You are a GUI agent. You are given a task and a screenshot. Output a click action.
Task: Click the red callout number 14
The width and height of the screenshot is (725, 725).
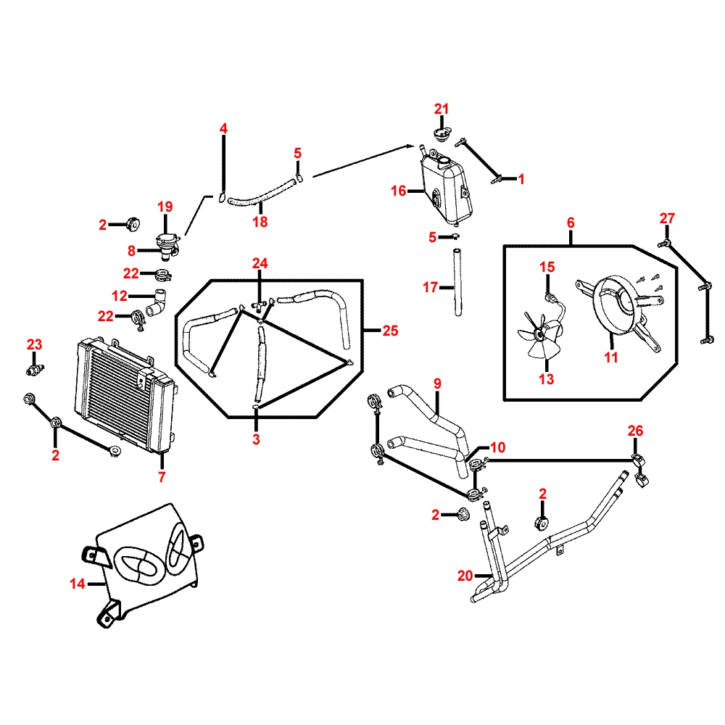[77, 583]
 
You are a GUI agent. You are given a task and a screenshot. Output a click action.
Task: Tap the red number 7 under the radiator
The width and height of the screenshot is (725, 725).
[162, 477]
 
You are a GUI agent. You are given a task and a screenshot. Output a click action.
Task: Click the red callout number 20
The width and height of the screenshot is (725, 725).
[465, 576]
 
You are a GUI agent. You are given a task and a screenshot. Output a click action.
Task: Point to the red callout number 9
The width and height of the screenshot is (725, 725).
[437, 382]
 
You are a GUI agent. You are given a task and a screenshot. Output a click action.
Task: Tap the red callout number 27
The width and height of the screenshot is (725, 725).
[667, 218]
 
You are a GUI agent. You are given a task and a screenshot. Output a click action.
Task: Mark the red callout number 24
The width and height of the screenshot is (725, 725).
[260, 262]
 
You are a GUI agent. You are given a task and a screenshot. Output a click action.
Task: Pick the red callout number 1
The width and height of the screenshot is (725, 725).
[521, 178]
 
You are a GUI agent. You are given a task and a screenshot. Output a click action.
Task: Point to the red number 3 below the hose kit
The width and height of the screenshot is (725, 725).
[256, 439]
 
